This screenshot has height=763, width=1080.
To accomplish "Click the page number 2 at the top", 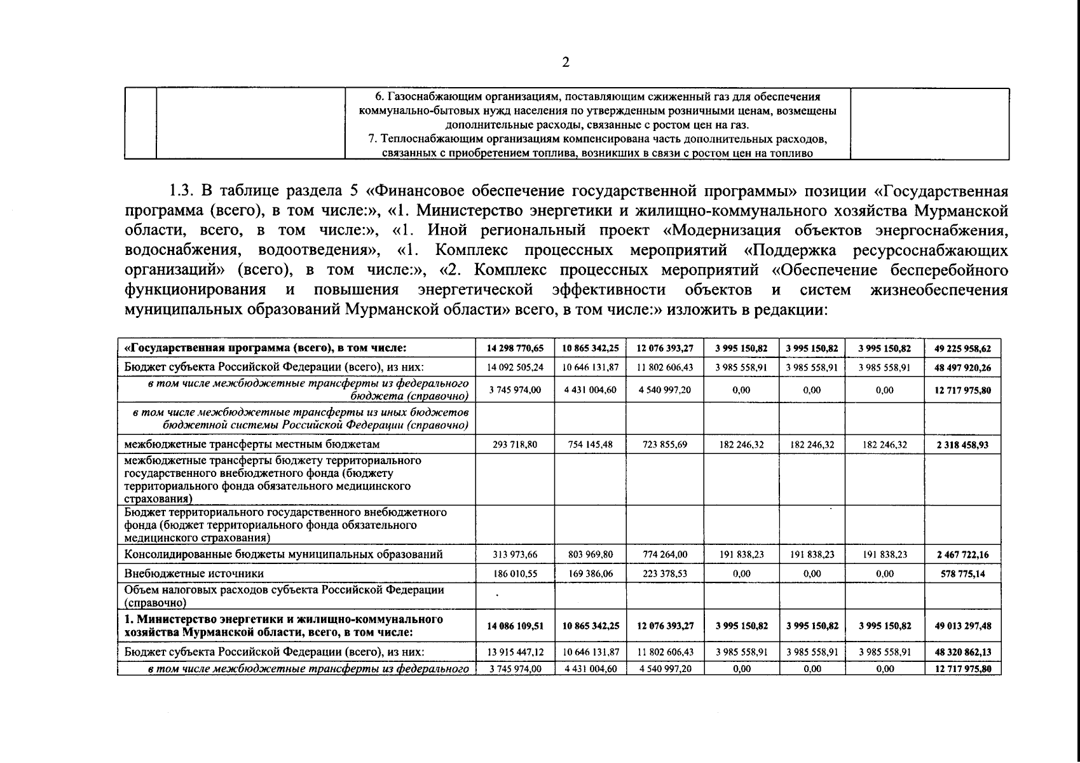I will [x=566, y=62].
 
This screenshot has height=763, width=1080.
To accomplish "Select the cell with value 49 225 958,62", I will [x=962, y=348].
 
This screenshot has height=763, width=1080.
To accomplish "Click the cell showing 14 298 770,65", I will [x=515, y=348].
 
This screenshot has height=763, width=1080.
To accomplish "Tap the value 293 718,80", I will [x=515, y=444].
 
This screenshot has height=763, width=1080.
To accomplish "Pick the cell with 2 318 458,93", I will [x=962, y=445].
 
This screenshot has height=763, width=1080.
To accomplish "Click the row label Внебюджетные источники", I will [x=195, y=574].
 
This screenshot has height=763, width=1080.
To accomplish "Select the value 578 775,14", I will [x=962, y=574].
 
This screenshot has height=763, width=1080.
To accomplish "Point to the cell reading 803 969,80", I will [x=591, y=554].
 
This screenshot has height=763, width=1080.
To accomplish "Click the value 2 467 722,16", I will [x=962, y=554].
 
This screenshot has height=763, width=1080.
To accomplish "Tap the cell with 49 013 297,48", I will [x=962, y=626].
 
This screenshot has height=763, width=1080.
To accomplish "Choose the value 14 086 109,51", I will [x=515, y=626].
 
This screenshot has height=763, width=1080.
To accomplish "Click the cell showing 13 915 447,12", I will [x=515, y=652].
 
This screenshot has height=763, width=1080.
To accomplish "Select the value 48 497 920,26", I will [x=962, y=368].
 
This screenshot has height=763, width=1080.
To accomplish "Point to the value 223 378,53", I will [x=665, y=574].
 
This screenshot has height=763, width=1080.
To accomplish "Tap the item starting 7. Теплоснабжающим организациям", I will [x=597, y=139].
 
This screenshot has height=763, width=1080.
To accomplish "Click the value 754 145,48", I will [x=591, y=444].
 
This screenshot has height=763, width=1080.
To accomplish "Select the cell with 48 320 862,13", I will [x=962, y=652].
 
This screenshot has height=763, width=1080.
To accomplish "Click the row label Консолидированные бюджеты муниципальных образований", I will [x=284, y=554].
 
